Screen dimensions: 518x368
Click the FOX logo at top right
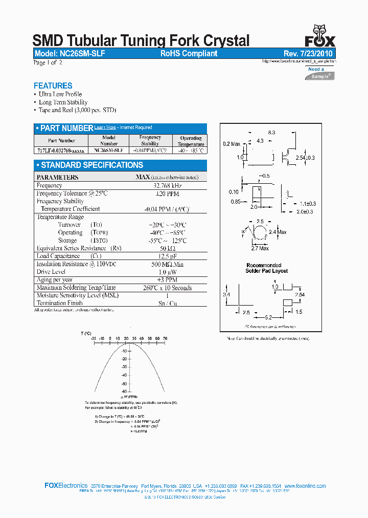(320, 36)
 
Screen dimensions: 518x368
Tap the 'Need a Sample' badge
(320, 73)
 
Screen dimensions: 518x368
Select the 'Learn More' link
(105, 127)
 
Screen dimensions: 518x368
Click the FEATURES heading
(53, 86)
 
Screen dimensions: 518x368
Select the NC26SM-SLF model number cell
(109, 150)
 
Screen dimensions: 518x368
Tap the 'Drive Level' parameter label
(51, 272)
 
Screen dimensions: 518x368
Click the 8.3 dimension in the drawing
(271, 133)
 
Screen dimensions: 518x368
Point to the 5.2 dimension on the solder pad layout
(268, 318)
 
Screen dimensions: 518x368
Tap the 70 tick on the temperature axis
(165, 339)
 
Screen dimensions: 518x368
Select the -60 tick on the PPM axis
(124, 391)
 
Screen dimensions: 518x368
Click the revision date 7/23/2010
(312, 53)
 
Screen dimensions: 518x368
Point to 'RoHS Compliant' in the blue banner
(189, 53)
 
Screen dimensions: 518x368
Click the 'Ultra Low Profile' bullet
(60, 94)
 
